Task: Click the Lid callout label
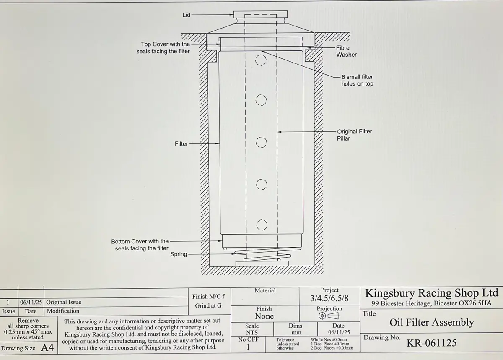pos(186,15)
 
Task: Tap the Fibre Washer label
pos(346,51)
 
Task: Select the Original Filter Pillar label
pos(354,135)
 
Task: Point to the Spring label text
pos(179,254)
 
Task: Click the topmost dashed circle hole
pos(261,60)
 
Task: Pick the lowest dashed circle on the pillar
pos(262,225)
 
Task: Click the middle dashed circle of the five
pos(261,142)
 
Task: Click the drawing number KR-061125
pos(432,343)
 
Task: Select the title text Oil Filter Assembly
pos(432,323)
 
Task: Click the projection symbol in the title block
pos(329,316)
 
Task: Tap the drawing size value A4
pos(47,348)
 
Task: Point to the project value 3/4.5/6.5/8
pos(329,298)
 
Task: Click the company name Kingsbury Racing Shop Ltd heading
pos(432,293)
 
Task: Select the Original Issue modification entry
pos(64,302)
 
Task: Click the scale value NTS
pos(251,332)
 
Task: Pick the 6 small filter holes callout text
pos(357,80)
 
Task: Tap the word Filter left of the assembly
pos(181,144)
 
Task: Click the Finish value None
pos(264,316)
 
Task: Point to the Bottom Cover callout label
pos(140,245)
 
